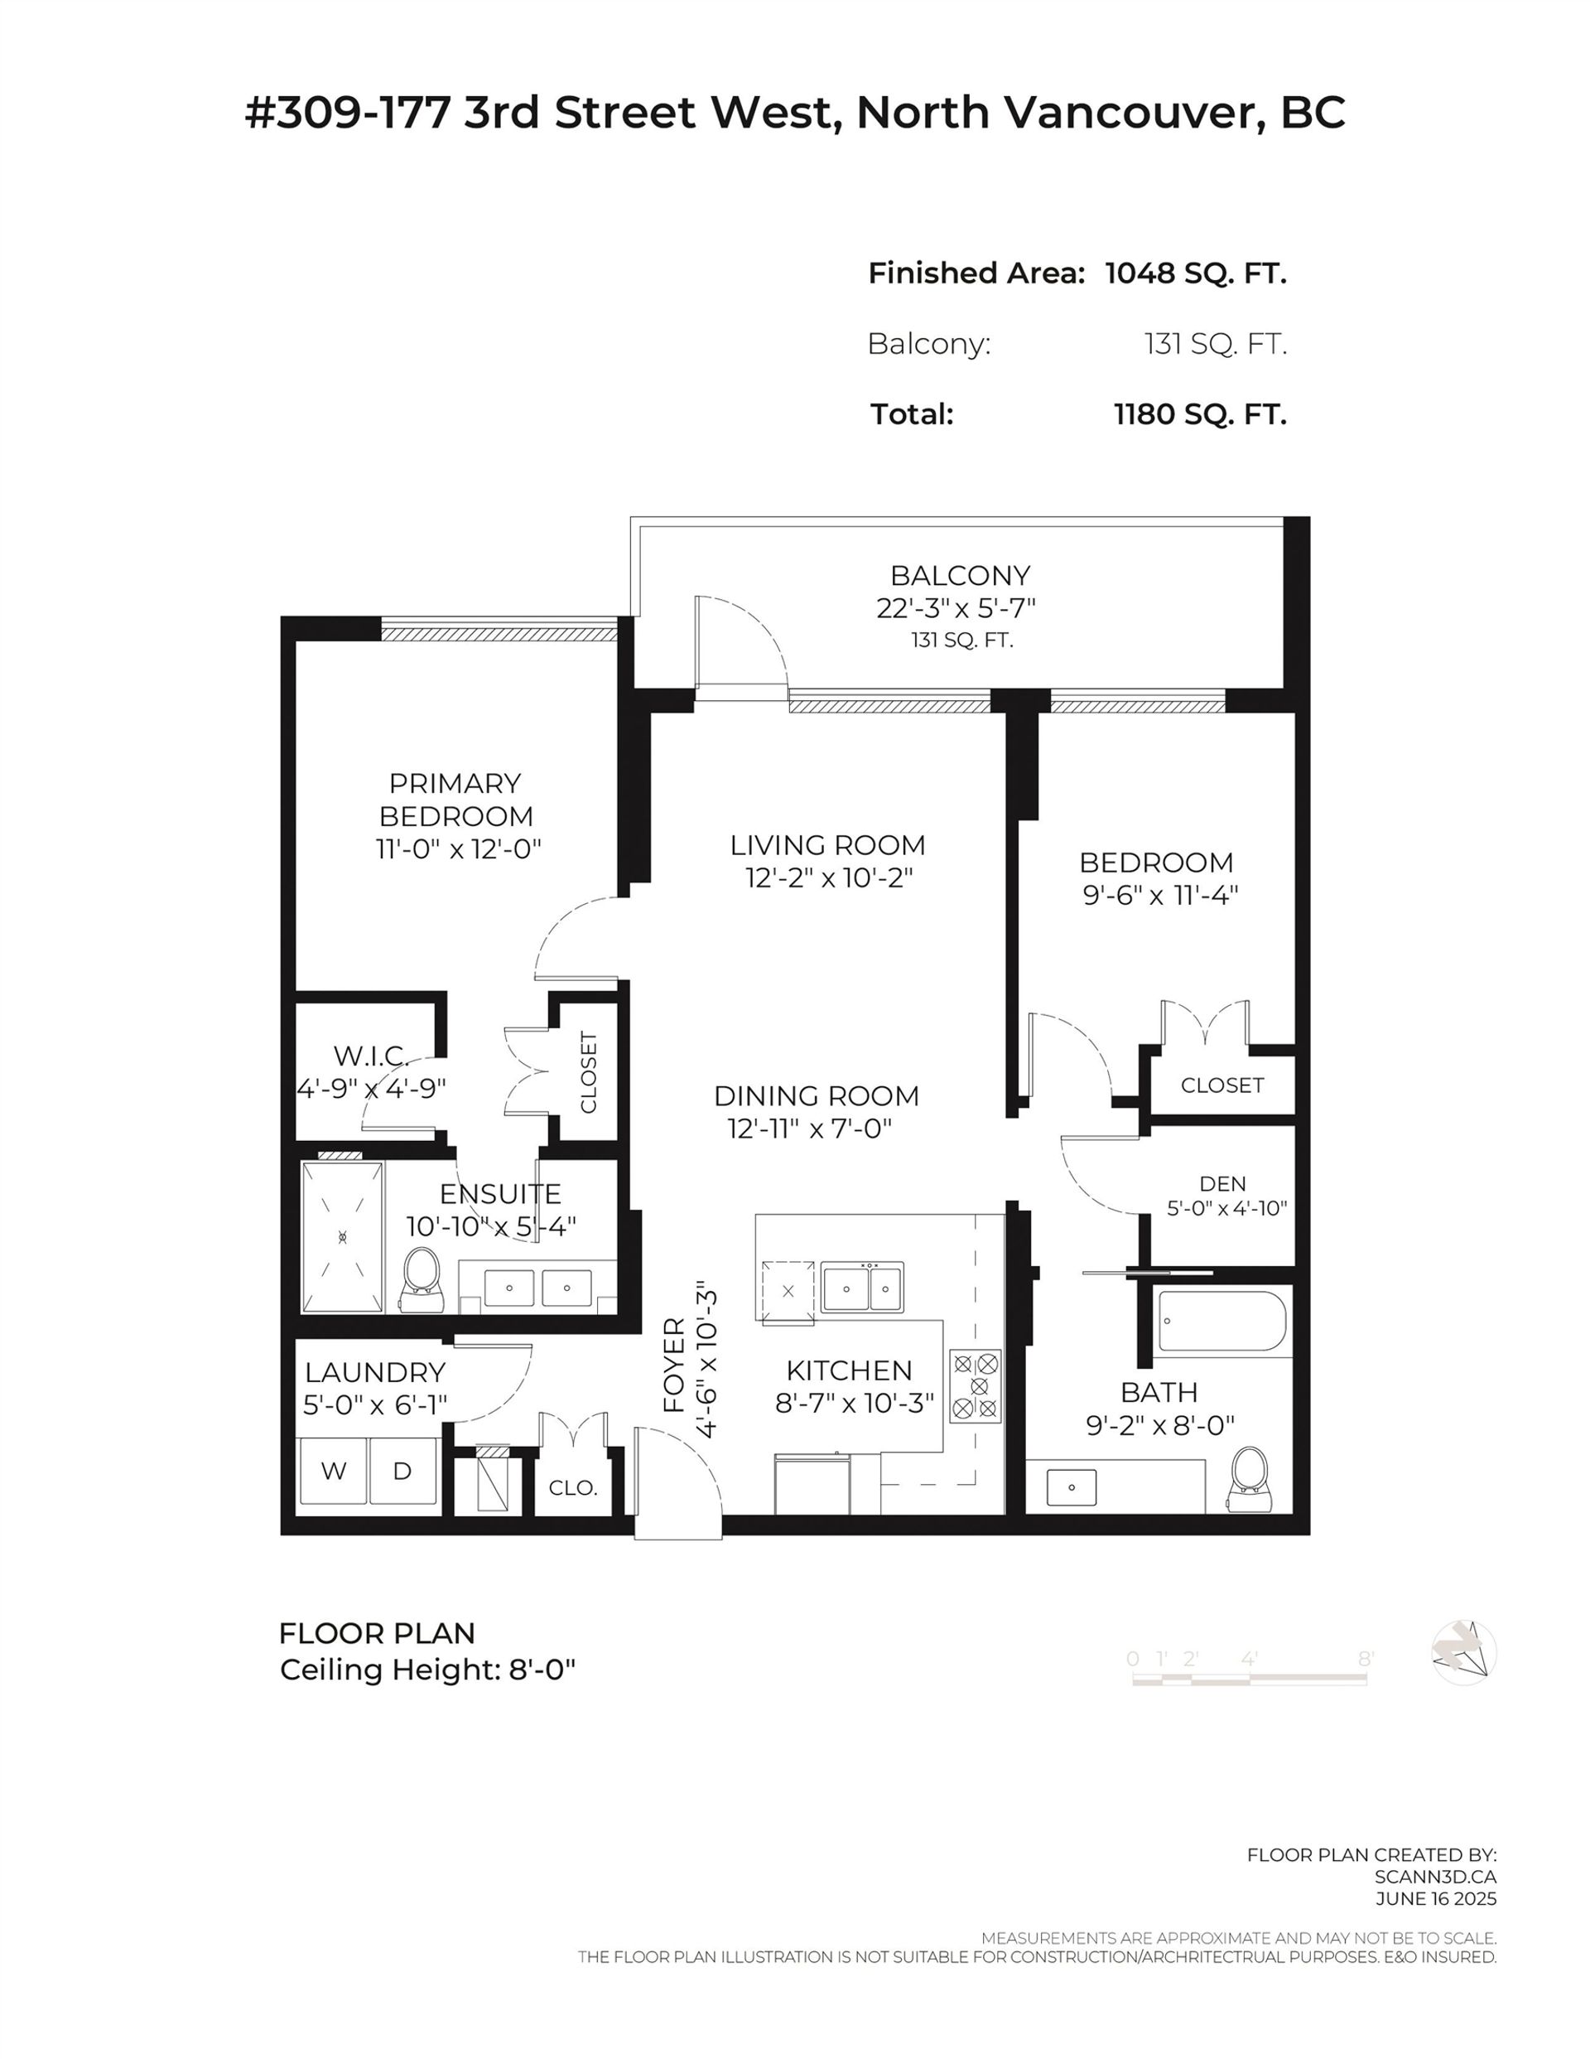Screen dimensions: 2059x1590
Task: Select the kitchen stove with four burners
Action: [976, 1386]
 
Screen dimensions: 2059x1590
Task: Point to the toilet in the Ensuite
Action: [422, 1279]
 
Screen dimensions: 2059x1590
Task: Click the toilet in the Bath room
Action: [1250, 1479]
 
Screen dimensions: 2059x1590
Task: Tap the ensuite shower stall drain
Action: [342, 1236]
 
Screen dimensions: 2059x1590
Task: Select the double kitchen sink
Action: [861, 1288]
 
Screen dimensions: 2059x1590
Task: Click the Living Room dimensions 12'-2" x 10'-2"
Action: [828, 877]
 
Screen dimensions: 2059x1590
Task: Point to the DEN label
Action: [1222, 1183]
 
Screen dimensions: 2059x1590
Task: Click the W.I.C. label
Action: [370, 1055]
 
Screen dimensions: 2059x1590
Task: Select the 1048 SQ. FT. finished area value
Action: [1195, 273]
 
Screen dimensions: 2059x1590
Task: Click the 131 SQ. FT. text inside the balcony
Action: [961, 640]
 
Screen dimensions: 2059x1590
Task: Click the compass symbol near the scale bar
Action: [1462, 1653]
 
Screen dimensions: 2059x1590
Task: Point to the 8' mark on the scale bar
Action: [1365, 1658]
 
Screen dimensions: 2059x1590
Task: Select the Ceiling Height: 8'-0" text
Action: [427, 1670]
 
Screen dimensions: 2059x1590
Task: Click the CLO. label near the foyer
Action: [573, 1487]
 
